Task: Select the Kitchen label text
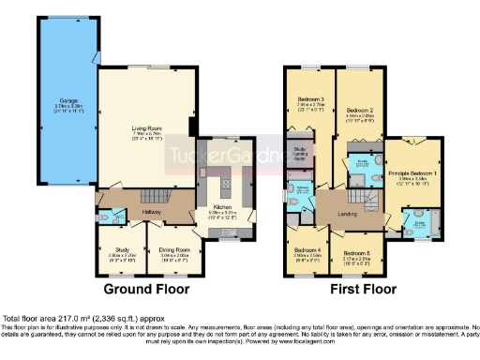click(221, 207)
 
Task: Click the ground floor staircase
click(150, 197)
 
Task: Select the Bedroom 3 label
click(310, 97)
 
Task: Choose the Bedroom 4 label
click(306, 250)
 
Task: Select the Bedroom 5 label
click(355, 253)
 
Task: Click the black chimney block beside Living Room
click(193, 127)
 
